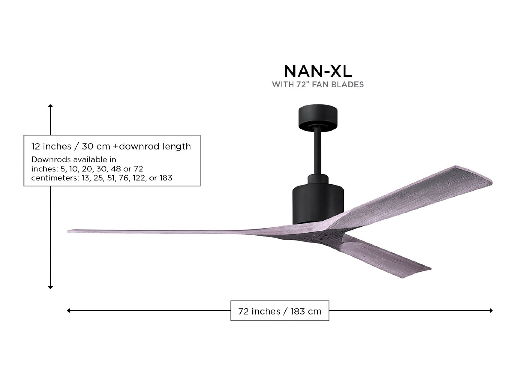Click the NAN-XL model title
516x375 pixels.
318,71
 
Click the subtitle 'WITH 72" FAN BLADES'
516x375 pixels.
318,85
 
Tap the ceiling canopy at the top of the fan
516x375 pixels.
318,117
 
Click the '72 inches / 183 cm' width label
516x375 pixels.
280,311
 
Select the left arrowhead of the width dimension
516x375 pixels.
69,311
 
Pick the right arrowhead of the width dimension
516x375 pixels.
491,311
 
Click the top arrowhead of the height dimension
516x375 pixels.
51,106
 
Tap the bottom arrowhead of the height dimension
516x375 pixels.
51,287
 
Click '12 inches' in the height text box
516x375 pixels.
51,146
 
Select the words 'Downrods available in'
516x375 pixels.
74,160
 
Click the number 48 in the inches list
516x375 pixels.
116,169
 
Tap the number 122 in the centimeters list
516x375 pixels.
139,178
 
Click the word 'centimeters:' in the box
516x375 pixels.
55,178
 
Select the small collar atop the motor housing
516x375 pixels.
318,179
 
